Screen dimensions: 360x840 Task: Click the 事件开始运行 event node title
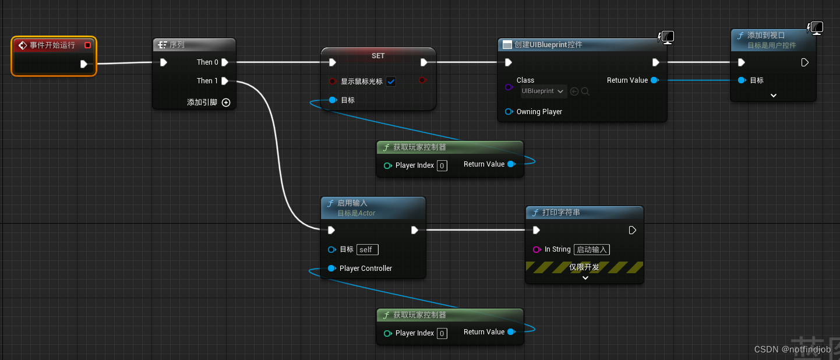pos(52,45)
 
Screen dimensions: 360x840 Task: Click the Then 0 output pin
pos(225,62)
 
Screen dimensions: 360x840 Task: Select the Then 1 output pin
pos(225,81)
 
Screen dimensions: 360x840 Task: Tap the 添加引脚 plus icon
pos(226,103)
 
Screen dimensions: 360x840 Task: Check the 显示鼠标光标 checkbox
pos(391,82)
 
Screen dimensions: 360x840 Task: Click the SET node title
pos(378,55)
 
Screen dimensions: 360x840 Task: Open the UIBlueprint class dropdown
pos(543,91)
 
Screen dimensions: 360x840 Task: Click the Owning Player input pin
pos(509,112)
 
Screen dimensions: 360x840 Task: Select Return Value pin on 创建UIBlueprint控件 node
pos(654,80)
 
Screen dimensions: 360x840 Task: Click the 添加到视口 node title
pos(765,36)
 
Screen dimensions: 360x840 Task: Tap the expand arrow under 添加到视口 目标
pos(773,96)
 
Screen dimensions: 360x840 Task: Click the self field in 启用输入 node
pos(367,249)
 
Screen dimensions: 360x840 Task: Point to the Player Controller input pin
pos(331,269)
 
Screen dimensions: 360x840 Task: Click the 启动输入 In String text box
pos(592,249)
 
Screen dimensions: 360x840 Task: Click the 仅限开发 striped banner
pos(584,267)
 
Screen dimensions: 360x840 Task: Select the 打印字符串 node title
pos(560,213)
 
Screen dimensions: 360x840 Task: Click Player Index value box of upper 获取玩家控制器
pos(442,166)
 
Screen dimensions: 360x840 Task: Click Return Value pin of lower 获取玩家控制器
pos(511,332)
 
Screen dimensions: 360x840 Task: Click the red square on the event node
pos(87,45)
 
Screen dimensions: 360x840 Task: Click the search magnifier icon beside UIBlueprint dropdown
pos(585,91)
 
